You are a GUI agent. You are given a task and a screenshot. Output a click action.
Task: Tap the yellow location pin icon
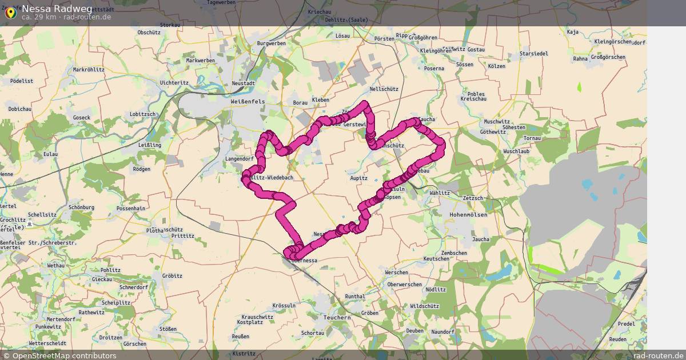[x=10, y=13]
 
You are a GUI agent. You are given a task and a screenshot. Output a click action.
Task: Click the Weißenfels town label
[x=247, y=101]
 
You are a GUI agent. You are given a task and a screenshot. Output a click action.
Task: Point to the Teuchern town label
[x=337, y=317]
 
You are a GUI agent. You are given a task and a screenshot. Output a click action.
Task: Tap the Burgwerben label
[x=272, y=43]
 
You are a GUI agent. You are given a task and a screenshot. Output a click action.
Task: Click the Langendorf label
[x=240, y=158]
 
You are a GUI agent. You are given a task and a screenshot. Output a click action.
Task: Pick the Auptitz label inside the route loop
[x=358, y=178]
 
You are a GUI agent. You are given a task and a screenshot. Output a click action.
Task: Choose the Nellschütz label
[x=384, y=89]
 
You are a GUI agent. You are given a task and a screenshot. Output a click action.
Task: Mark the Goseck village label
[x=82, y=118]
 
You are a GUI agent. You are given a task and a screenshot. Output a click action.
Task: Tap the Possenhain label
[x=131, y=209]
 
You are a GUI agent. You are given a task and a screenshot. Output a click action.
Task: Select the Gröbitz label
[x=171, y=275]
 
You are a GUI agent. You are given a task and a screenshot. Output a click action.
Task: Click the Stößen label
[x=168, y=329]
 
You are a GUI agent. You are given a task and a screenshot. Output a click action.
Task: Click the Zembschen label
[x=454, y=253]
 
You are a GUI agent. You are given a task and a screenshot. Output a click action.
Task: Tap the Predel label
[x=627, y=323]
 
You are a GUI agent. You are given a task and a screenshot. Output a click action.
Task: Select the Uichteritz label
[x=174, y=82]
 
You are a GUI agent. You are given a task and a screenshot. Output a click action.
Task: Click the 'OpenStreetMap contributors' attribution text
[x=64, y=355]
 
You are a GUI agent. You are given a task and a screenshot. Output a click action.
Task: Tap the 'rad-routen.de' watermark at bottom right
[x=658, y=355]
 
